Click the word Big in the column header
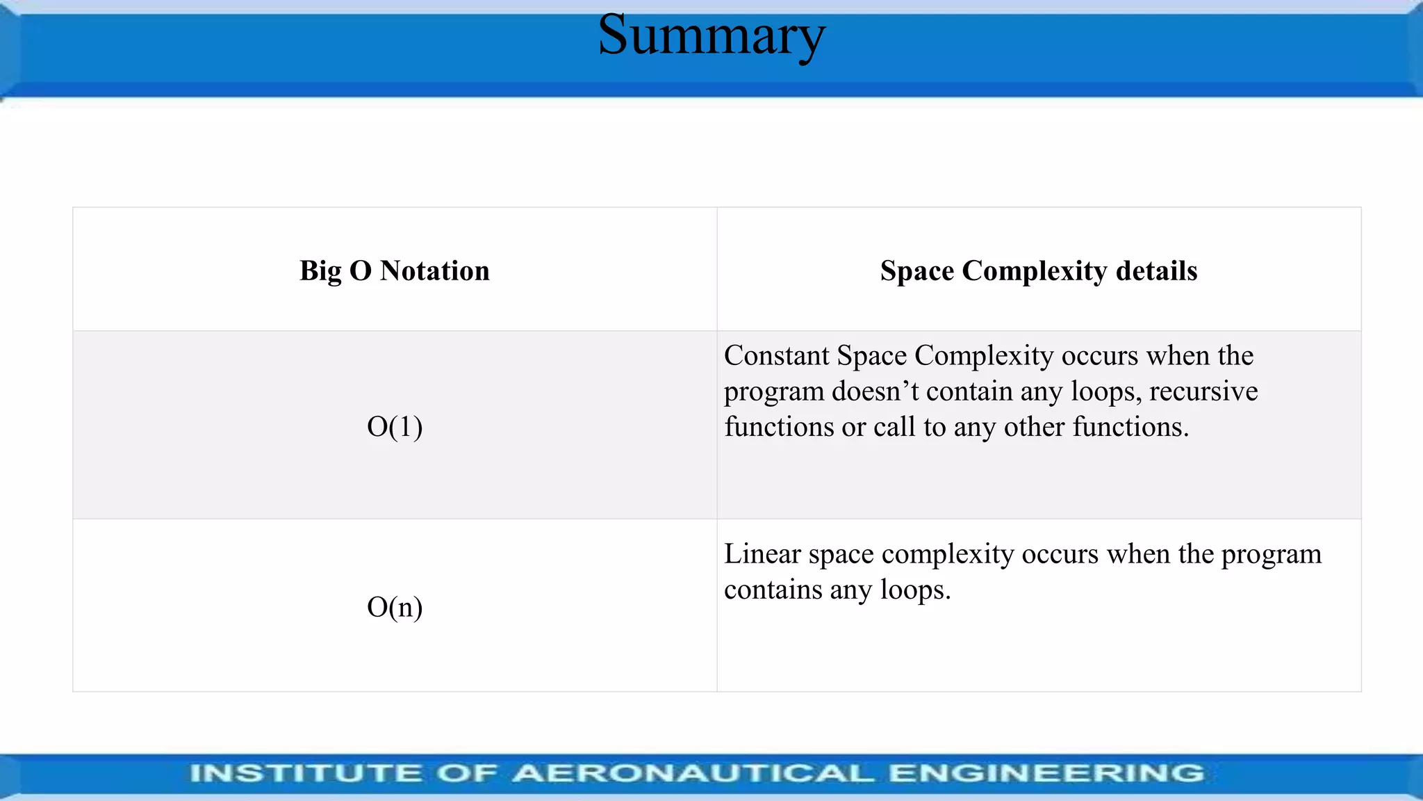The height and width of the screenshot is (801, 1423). click(x=320, y=271)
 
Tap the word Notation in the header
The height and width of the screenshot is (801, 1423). click(x=434, y=271)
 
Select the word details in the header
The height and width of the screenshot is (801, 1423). click(x=1156, y=271)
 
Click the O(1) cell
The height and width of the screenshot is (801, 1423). click(x=395, y=426)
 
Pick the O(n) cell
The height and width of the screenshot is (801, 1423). click(x=395, y=607)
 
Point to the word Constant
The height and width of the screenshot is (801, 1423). click(x=776, y=356)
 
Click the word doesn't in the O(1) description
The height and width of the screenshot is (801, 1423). click(x=875, y=391)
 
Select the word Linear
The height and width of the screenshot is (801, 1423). click(x=762, y=554)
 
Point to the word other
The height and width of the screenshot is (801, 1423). click(x=1034, y=427)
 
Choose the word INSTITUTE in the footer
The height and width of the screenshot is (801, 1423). click(x=306, y=773)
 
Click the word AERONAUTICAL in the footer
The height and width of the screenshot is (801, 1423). click(x=693, y=773)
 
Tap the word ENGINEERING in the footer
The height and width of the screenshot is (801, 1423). click(x=1046, y=773)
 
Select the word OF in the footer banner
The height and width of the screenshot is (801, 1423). click(x=467, y=773)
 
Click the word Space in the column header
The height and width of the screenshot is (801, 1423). click(x=916, y=271)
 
